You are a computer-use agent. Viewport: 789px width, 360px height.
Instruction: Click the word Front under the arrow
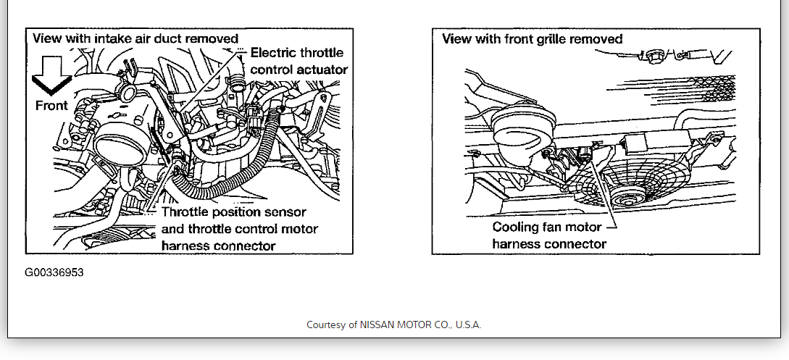(51, 106)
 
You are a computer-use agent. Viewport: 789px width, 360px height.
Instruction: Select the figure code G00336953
(54, 273)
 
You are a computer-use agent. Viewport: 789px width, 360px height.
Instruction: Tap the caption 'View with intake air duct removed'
(135, 38)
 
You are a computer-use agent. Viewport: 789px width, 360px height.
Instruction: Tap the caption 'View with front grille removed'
(533, 38)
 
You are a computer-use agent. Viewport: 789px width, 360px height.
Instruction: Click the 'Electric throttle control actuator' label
(298, 61)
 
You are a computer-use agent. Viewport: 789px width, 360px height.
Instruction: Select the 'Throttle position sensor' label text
(234, 212)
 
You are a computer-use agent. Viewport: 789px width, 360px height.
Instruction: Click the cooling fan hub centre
(624, 199)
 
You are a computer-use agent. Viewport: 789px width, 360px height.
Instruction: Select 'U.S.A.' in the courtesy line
(466, 325)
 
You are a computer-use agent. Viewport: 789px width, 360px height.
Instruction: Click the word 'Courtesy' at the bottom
(327, 325)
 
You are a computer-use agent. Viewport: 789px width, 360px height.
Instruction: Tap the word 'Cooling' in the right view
(517, 227)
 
